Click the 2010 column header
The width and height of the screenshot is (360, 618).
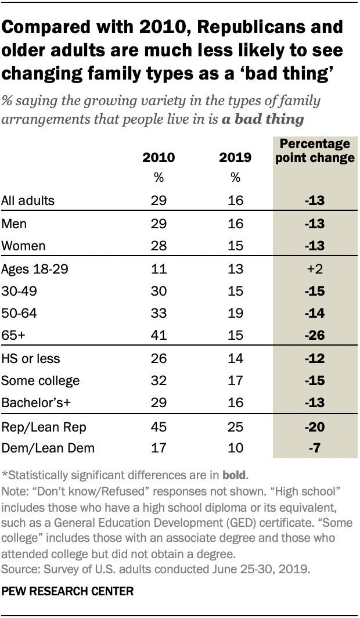click(159, 158)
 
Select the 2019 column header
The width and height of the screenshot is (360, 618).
click(235, 158)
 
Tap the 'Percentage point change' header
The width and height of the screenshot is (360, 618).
click(315, 151)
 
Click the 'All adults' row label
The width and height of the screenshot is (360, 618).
click(28, 201)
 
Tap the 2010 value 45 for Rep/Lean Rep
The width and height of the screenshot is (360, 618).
click(159, 427)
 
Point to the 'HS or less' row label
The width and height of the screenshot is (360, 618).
click(31, 360)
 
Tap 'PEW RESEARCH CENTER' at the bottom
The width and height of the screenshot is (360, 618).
click(68, 592)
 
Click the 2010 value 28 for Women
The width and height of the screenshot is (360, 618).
click(159, 246)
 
